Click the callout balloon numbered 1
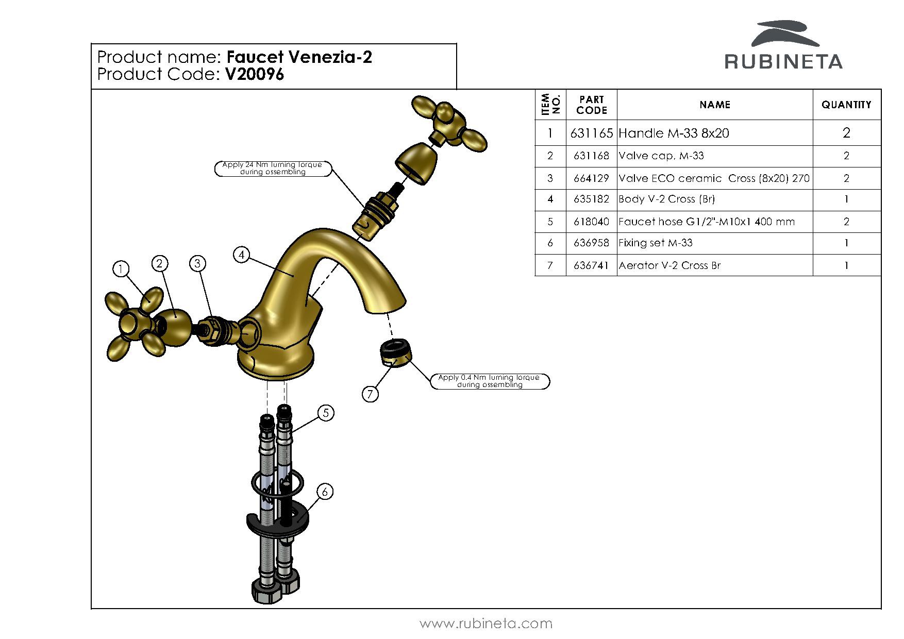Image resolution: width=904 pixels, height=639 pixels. [x=121, y=268]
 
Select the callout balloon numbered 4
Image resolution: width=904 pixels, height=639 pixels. [x=242, y=255]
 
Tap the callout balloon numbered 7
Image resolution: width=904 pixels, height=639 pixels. [x=370, y=394]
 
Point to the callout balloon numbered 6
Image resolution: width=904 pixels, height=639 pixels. [x=325, y=492]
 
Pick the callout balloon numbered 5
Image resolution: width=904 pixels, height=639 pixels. [x=326, y=413]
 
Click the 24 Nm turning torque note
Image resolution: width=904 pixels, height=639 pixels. [x=273, y=169]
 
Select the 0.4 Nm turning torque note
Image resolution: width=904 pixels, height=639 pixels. [x=490, y=381]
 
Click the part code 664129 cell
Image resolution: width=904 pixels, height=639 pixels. [x=591, y=178]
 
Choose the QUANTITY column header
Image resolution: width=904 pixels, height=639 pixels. [x=846, y=105]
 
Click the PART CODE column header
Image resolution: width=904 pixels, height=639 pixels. [x=591, y=105]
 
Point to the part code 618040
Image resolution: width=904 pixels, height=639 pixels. [x=591, y=222]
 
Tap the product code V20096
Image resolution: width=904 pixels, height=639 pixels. [x=255, y=75]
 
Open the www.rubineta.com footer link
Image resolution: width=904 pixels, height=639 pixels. [x=486, y=624]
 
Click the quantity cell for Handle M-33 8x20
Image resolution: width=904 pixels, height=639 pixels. [x=846, y=133]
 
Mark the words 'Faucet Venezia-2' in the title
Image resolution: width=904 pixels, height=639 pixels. [x=299, y=57]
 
